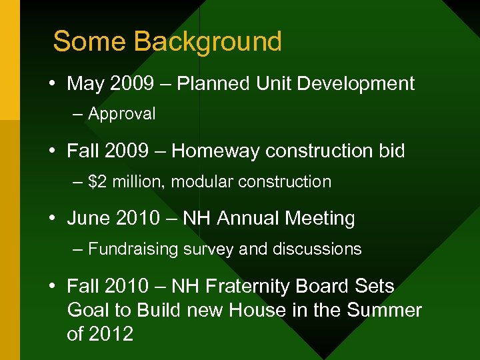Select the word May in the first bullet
pyautogui.click(x=84, y=84)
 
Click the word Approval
pyautogui.click(x=121, y=114)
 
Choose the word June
pyautogui.click(x=86, y=219)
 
